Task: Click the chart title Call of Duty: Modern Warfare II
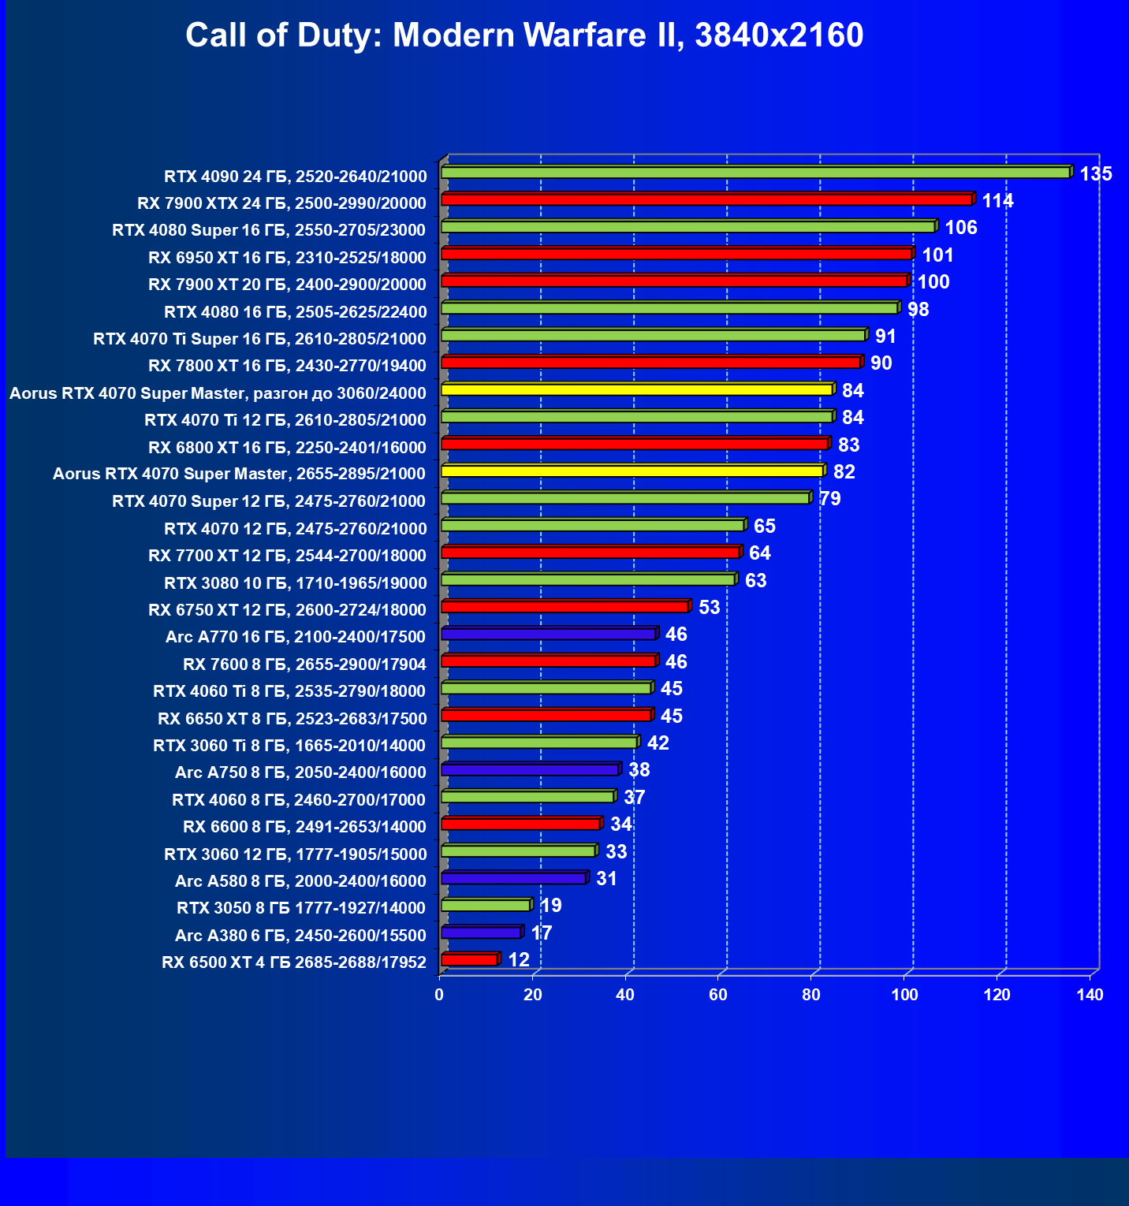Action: click(x=524, y=35)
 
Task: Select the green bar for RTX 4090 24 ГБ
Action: click(x=755, y=173)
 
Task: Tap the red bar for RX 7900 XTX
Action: click(x=706, y=199)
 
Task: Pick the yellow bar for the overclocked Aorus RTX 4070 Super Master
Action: click(x=637, y=389)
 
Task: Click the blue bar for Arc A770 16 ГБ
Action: click(x=549, y=634)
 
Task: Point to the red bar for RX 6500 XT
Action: click(x=470, y=959)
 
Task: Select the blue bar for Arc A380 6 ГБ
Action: click(x=481, y=932)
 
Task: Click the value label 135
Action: click(x=1096, y=174)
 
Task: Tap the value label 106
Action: click(x=961, y=228)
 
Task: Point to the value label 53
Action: click(x=710, y=608)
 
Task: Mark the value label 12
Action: click(x=519, y=960)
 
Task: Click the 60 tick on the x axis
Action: click(x=718, y=995)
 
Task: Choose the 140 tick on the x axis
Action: click(x=1090, y=995)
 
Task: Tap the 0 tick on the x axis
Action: click(x=439, y=995)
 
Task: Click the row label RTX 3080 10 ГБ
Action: click(x=295, y=583)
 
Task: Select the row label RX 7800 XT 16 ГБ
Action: click(x=287, y=366)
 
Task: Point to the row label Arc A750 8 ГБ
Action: click(x=300, y=772)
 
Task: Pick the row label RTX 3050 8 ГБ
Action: click(x=301, y=908)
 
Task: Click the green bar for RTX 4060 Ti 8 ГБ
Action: click(x=546, y=688)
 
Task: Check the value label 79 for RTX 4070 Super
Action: click(x=830, y=499)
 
